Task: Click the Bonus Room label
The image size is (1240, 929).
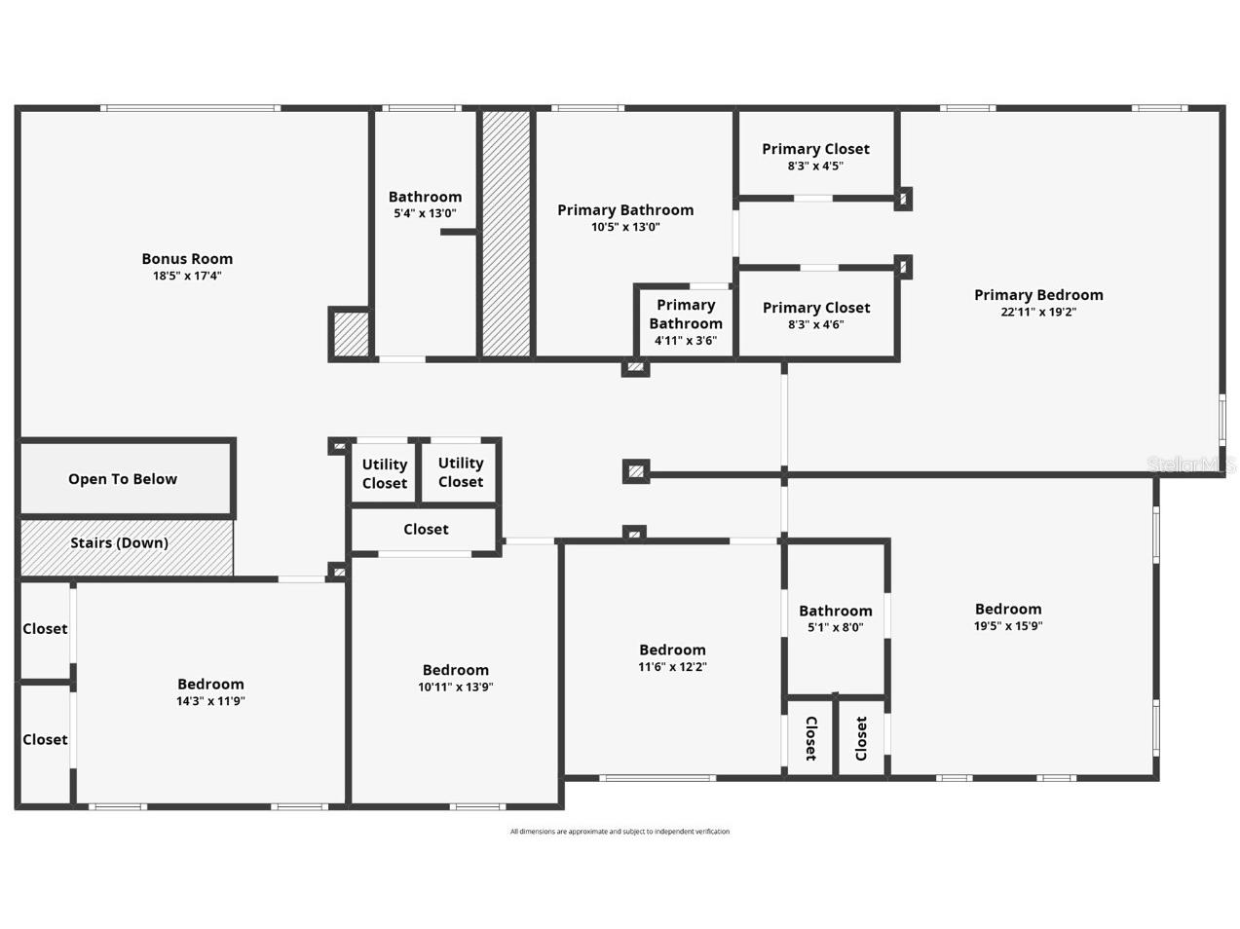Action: point(187,259)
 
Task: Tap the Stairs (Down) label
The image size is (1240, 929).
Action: point(119,542)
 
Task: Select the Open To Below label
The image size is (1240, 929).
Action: point(123,479)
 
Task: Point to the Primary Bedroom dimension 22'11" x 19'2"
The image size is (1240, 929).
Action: point(1038,312)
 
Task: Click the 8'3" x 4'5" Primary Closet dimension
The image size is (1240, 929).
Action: point(815,166)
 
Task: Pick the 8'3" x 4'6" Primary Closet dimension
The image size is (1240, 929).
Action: point(815,324)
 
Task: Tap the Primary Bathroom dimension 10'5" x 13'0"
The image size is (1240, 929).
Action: point(625,227)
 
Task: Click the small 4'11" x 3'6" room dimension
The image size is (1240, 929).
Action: point(685,341)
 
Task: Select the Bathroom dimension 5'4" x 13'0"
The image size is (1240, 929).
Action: point(425,213)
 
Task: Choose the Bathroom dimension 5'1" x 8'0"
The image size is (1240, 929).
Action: point(836,627)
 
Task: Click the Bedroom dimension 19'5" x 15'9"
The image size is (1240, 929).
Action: point(1008,626)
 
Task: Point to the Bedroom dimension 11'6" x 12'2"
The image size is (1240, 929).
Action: point(672,666)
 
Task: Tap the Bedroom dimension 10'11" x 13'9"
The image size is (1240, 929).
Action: point(455,687)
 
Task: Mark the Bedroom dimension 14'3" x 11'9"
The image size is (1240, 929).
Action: point(210,701)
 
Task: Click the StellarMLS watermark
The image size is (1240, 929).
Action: point(1191,464)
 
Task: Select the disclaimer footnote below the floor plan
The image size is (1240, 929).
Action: point(620,832)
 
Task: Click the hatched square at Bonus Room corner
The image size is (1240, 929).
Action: point(351,334)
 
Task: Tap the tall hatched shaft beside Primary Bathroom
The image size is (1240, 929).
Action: point(507,234)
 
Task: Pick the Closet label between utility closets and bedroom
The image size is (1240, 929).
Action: point(426,529)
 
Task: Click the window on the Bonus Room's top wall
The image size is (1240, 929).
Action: point(190,108)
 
